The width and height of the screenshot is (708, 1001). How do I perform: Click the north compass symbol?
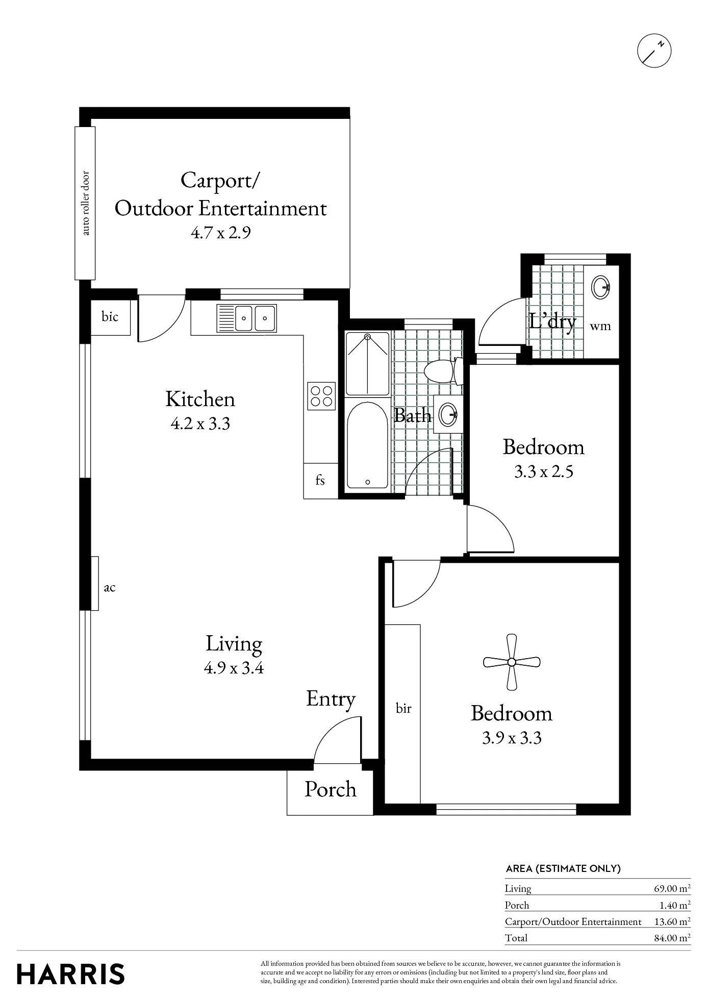[x=654, y=51]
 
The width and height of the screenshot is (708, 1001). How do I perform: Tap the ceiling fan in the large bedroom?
[x=512, y=662]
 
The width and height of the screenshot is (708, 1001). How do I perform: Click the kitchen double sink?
[x=246, y=318]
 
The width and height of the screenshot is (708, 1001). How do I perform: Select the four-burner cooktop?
[x=321, y=396]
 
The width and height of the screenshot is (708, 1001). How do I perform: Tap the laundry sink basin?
[x=601, y=287]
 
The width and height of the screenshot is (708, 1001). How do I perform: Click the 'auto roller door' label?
[x=85, y=203]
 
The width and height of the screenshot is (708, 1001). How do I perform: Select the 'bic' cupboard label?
[x=110, y=317]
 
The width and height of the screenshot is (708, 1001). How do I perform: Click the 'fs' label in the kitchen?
[x=320, y=480]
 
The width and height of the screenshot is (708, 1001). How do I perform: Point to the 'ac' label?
[x=110, y=588]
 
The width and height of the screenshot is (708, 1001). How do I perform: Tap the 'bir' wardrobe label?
[x=403, y=708]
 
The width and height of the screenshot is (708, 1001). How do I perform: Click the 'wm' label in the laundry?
[x=600, y=326]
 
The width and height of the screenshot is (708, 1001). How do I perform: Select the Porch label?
[x=331, y=789]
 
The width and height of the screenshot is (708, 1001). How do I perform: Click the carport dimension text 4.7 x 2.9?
[x=221, y=233]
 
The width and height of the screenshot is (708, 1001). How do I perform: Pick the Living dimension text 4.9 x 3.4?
[x=234, y=668]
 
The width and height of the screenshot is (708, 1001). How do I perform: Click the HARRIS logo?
[x=71, y=974]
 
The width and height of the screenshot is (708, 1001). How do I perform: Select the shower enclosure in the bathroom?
[x=368, y=363]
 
